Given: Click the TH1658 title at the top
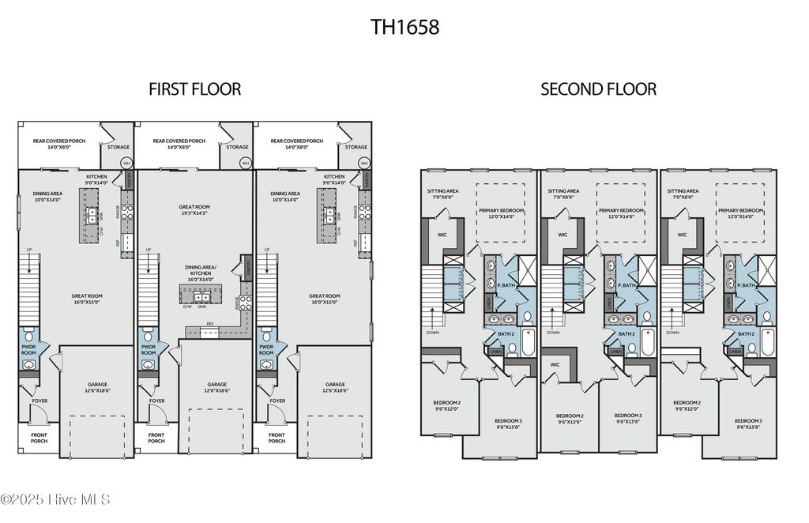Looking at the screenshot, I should pos(404,27).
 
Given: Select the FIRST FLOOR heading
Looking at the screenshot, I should pos(194,88).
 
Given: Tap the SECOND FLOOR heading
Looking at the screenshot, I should pos(598,88).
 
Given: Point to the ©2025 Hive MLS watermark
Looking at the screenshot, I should pos(55,499).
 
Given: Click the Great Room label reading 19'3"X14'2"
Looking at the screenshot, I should pos(194,210).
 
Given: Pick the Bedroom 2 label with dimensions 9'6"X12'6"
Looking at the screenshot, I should pos(569,419).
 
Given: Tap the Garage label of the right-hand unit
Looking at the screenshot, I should pos(334,387).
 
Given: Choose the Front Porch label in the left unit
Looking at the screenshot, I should pos(39,437).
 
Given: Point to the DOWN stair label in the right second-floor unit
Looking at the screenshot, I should pos(672,333).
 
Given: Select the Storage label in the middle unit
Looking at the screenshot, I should pos(237,147).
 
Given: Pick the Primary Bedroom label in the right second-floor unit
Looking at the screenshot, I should pos(740,213).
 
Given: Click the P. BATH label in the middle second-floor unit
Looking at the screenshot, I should pos(627,285).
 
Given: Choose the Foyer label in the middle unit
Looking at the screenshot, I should pos(157,401).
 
